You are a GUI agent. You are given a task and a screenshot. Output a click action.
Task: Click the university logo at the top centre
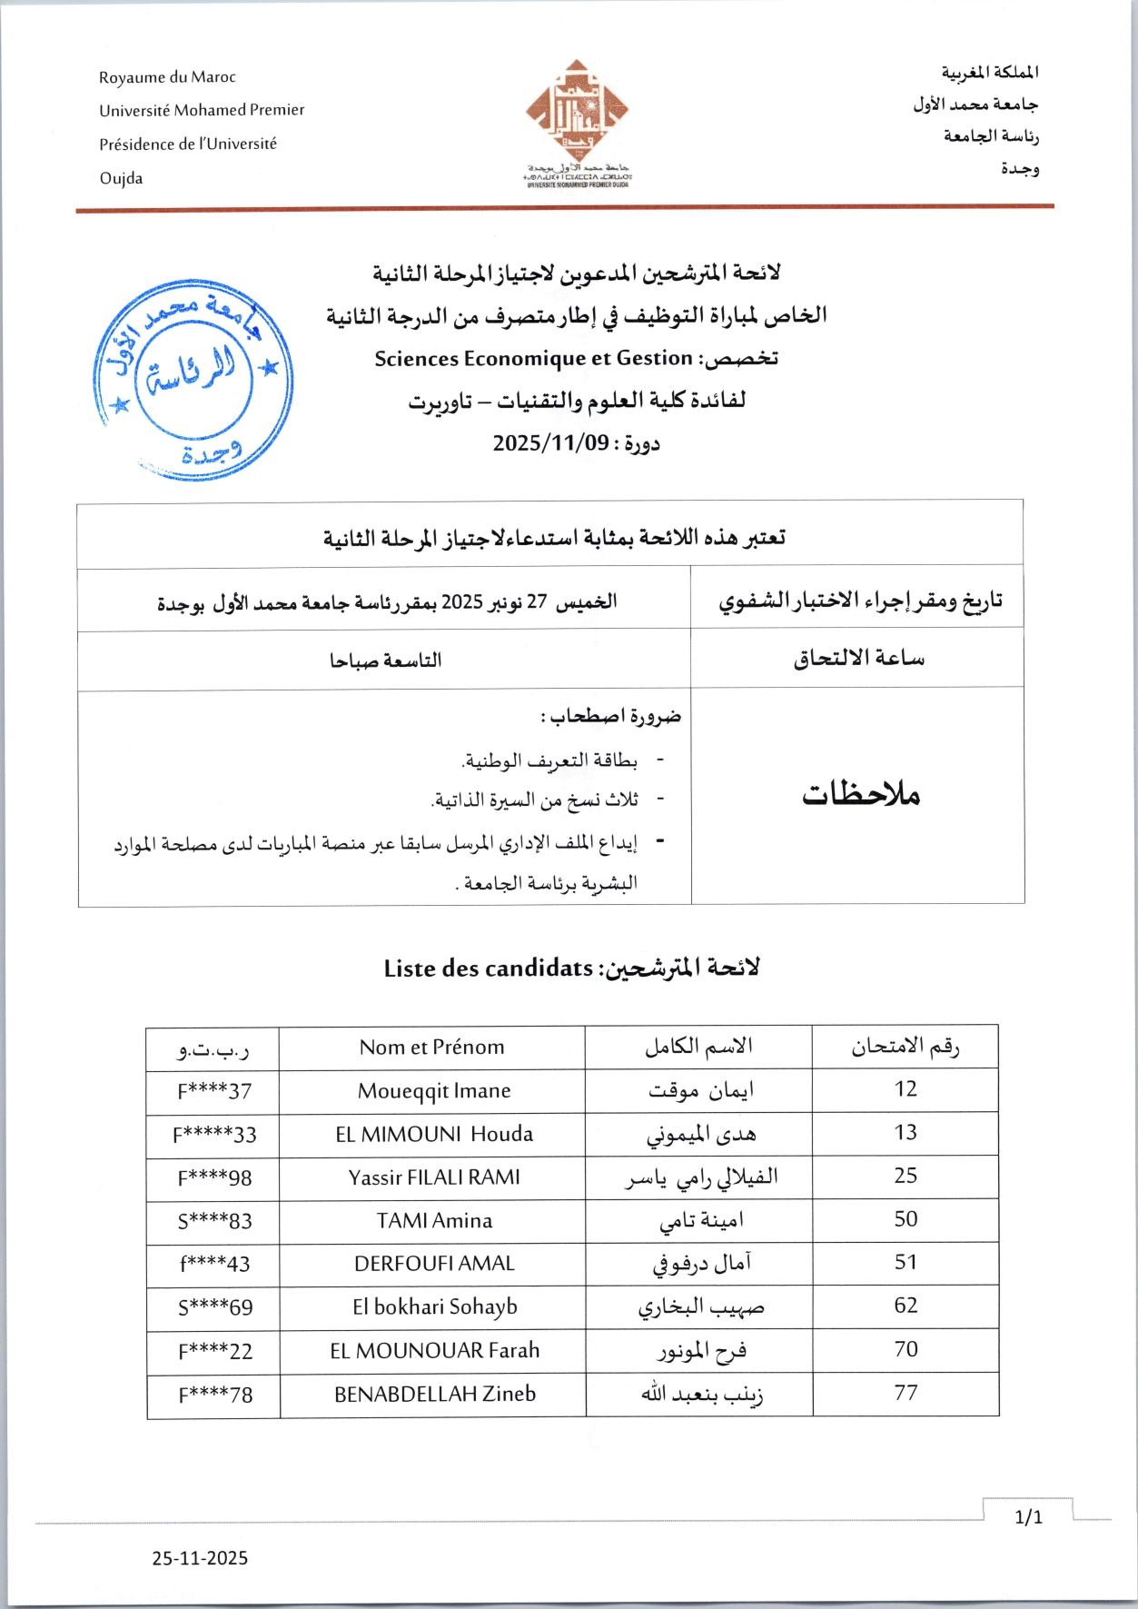coord(577,123)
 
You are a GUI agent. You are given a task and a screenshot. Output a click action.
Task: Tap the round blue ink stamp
coord(193,380)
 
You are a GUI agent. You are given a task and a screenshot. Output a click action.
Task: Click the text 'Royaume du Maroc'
coord(167,77)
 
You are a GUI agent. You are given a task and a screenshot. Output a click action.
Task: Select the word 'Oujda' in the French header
coord(121,178)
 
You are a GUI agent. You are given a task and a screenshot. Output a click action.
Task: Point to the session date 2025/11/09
coord(550,443)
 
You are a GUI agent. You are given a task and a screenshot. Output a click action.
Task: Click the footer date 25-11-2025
coord(200,1558)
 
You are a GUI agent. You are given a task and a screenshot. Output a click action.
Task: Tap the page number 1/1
coord(1028,1517)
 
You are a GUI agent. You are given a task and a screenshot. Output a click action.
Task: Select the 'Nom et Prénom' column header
coord(431,1048)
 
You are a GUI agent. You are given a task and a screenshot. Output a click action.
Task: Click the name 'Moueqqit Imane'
coord(434,1091)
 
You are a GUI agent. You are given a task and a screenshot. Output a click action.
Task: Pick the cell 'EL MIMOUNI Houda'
coord(434,1135)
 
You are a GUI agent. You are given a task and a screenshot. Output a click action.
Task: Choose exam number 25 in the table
coord(905,1176)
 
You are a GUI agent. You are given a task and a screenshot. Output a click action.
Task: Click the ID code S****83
coord(214,1221)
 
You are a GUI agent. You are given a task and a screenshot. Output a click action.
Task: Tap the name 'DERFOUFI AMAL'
coord(434,1264)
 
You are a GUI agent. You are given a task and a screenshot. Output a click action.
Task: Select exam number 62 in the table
coord(905,1306)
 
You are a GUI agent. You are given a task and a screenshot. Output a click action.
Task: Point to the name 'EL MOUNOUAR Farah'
coord(434,1351)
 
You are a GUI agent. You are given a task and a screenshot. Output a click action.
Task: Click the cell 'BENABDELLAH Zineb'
coord(435,1395)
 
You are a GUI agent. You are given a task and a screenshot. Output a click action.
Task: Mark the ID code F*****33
coord(214,1135)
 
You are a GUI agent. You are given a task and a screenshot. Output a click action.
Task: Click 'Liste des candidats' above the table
coord(488,968)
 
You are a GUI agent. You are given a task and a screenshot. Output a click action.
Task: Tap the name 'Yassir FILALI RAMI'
coord(434,1177)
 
